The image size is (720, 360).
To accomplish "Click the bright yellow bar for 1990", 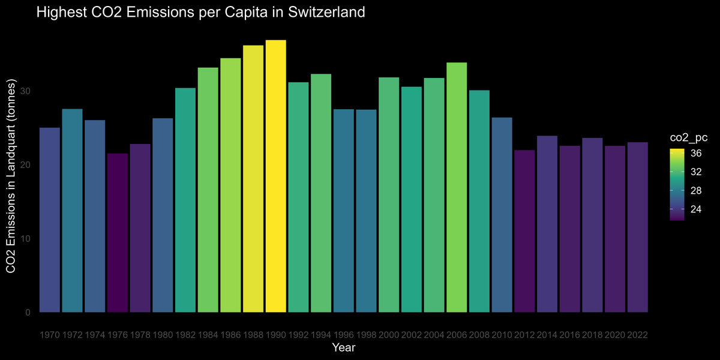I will click(275, 176).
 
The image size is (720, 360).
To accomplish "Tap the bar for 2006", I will click(457, 187).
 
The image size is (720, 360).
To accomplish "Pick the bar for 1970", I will click(50, 220).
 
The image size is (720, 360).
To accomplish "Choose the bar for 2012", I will click(524, 231).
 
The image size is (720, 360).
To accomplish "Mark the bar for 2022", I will click(637, 227).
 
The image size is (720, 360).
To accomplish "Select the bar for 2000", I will click(389, 194).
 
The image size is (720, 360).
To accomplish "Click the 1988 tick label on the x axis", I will click(253, 334).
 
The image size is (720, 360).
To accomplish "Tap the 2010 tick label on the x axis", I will click(502, 334).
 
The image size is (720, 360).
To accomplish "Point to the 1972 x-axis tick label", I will click(73, 334).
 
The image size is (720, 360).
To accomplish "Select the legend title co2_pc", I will click(689, 137).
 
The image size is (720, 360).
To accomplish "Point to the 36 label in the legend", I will click(695, 153).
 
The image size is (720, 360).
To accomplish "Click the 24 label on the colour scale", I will click(695, 209).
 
